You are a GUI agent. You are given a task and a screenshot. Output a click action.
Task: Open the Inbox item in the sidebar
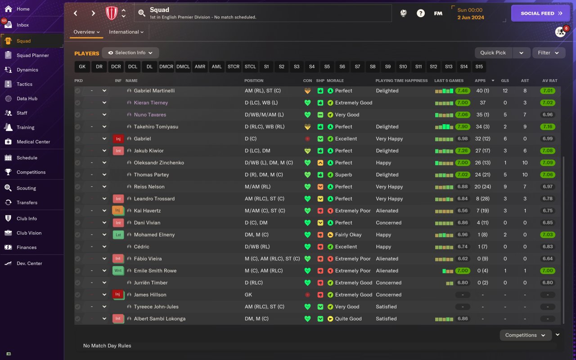22,25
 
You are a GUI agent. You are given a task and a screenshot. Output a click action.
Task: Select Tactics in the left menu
24,84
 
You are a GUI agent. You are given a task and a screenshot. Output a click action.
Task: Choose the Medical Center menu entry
33,142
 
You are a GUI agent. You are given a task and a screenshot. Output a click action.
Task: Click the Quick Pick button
493,53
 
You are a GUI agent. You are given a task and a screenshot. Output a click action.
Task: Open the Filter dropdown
548,53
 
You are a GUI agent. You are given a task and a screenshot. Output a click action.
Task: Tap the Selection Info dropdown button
130,53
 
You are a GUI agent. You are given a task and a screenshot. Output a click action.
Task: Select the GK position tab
82,67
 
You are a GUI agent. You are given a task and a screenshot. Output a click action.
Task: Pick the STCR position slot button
234,67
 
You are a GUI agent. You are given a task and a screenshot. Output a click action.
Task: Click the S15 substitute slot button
479,67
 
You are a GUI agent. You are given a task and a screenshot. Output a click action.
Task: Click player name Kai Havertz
147,211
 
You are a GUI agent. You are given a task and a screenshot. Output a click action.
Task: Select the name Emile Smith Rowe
155,270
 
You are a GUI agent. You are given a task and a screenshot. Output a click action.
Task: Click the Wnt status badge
118,270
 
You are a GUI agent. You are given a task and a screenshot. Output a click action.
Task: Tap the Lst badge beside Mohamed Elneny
118,234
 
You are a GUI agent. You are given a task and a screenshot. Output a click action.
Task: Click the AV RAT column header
549,81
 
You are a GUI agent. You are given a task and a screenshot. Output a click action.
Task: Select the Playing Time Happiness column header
401,81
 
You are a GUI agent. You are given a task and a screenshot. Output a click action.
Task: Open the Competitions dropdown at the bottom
525,335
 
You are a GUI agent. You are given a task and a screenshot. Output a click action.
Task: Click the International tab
126,32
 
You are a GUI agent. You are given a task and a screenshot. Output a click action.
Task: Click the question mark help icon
420,13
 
